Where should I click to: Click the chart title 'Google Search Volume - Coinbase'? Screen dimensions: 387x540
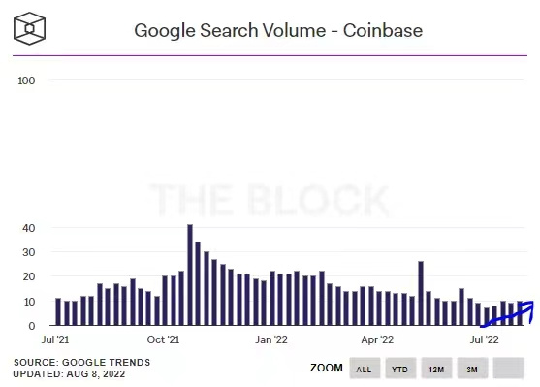pyautogui.click(x=277, y=30)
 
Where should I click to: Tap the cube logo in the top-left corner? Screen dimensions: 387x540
pyautogui.click(x=33, y=29)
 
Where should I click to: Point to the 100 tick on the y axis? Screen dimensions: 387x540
pyautogui.click(x=26, y=81)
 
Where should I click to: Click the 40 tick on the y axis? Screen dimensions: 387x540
pyautogui.click(x=29, y=228)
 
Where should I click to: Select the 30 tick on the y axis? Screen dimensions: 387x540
pyautogui.click(x=29, y=252)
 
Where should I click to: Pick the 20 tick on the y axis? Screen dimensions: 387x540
pyautogui.click(x=29, y=277)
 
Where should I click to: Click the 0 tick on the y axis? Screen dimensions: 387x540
pyautogui.click(x=32, y=327)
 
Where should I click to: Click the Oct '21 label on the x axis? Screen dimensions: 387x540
pyautogui.click(x=163, y=340)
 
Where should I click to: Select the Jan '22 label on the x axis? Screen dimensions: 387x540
pyautogui.click(x=270, y=340)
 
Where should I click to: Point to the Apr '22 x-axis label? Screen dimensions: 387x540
pyautogui.click(x=377, y=340)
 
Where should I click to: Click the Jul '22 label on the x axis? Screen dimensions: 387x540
pyautogui.click(x=484, y=340)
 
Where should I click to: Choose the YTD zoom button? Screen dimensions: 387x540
pyautogui.click(x=399, y=370)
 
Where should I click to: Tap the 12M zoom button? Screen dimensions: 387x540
pyautogui.click(x=435, y=370)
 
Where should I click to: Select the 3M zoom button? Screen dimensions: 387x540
pyautogui.click(x=471, y=370)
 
